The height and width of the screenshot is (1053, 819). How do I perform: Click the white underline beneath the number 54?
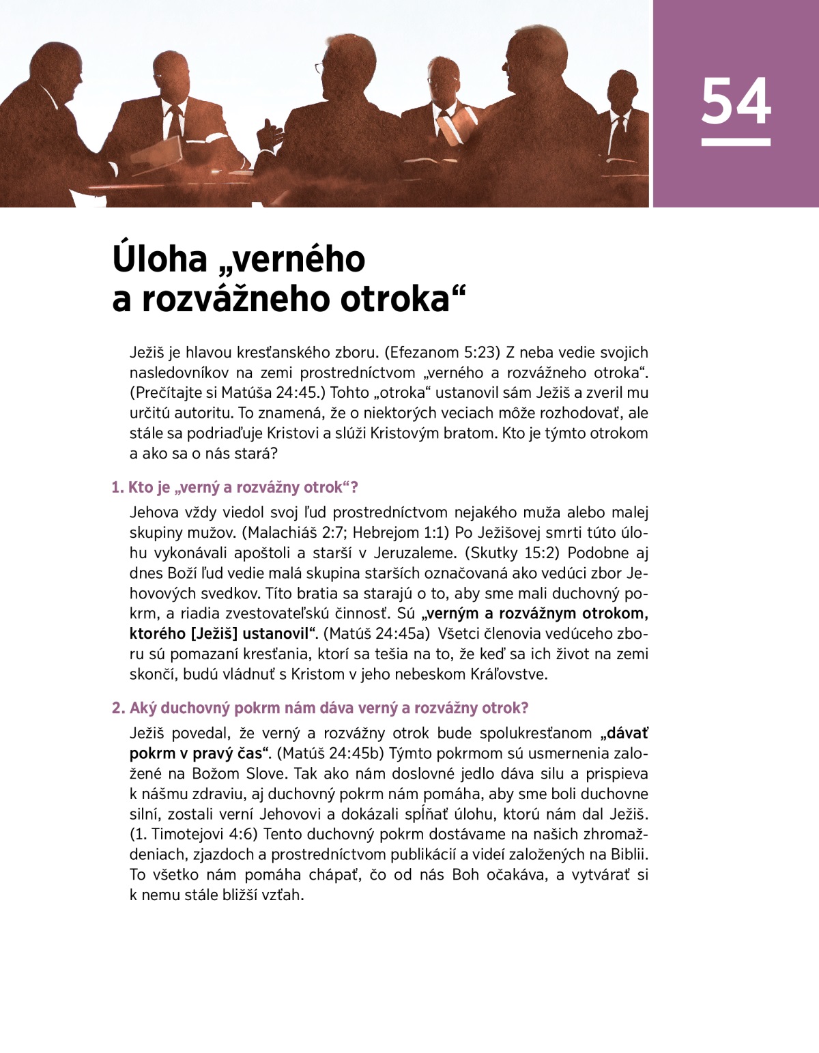[x=736, y=142]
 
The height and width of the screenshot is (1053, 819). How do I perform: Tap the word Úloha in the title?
[x=160, y=259]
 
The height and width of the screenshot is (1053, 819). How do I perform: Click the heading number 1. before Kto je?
[x=117, y=487]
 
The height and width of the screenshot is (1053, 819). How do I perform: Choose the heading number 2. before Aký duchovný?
[x=118, y=708]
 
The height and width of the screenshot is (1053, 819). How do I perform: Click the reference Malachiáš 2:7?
[x=294, y=533]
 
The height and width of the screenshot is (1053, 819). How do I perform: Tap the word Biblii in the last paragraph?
[x=628, y=854]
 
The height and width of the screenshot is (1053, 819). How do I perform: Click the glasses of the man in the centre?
[x=319, y=68]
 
